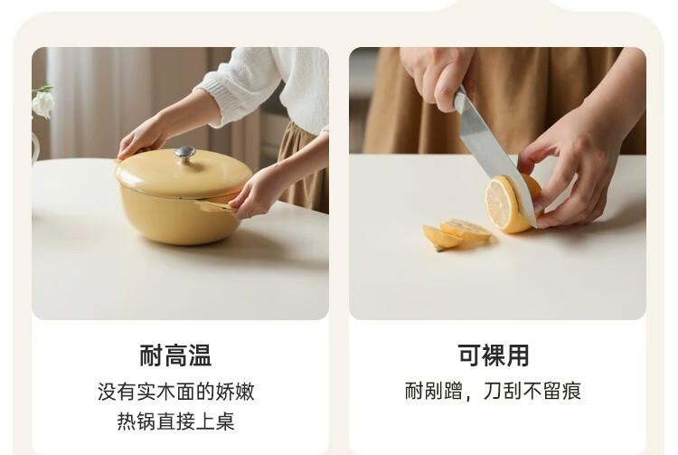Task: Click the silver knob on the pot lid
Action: [185, 155]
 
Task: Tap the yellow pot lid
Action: [184, 173]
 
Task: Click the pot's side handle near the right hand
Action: [215, 206]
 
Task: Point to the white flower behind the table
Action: [43, 103]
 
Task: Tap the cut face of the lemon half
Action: [502, 204]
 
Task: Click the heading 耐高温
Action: [175, 355]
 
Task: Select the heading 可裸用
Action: [494, 355]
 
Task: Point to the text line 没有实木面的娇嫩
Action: [176, 392]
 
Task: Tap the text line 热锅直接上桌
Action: [176, 422]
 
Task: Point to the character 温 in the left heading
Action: [200, 355]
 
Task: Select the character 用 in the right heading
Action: [518, 355]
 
